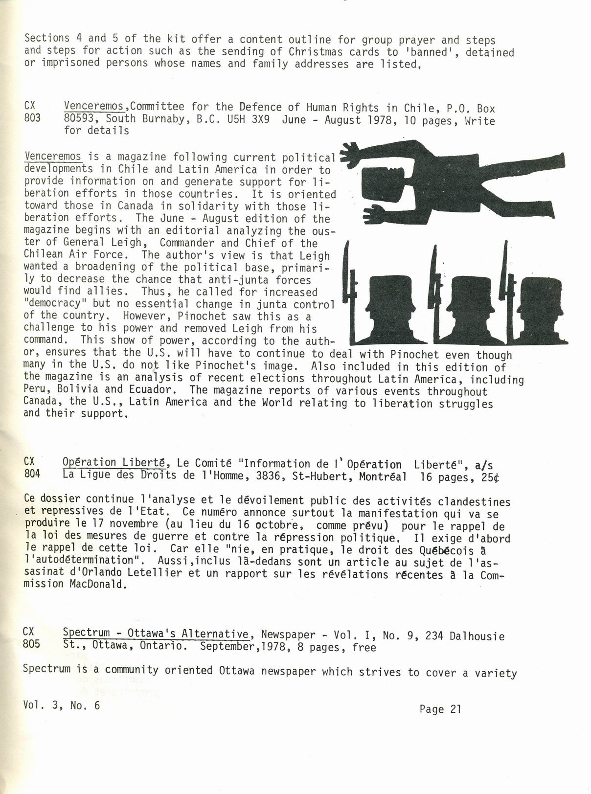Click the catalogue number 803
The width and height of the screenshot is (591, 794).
(x=32, y=118)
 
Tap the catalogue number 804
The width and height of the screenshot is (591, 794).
(x=32, y=474)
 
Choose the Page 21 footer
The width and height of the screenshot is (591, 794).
(x=440, y=709)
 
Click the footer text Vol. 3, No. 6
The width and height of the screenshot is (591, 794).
(x=61, y=705)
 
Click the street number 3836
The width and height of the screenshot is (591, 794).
(x=270, y=475)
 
